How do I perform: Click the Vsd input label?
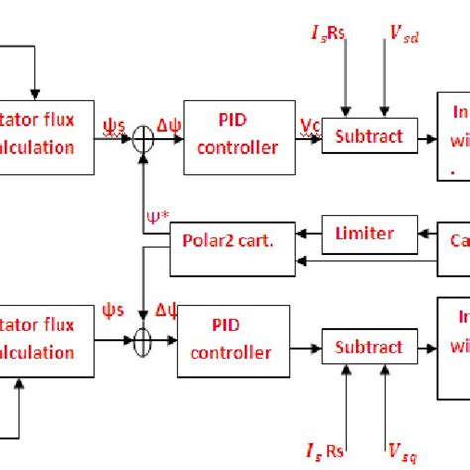402,38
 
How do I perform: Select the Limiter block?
363,234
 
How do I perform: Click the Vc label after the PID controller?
308,127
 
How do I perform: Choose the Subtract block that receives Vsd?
368,136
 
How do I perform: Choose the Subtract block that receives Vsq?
368,347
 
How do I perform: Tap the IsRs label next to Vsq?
341,452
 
